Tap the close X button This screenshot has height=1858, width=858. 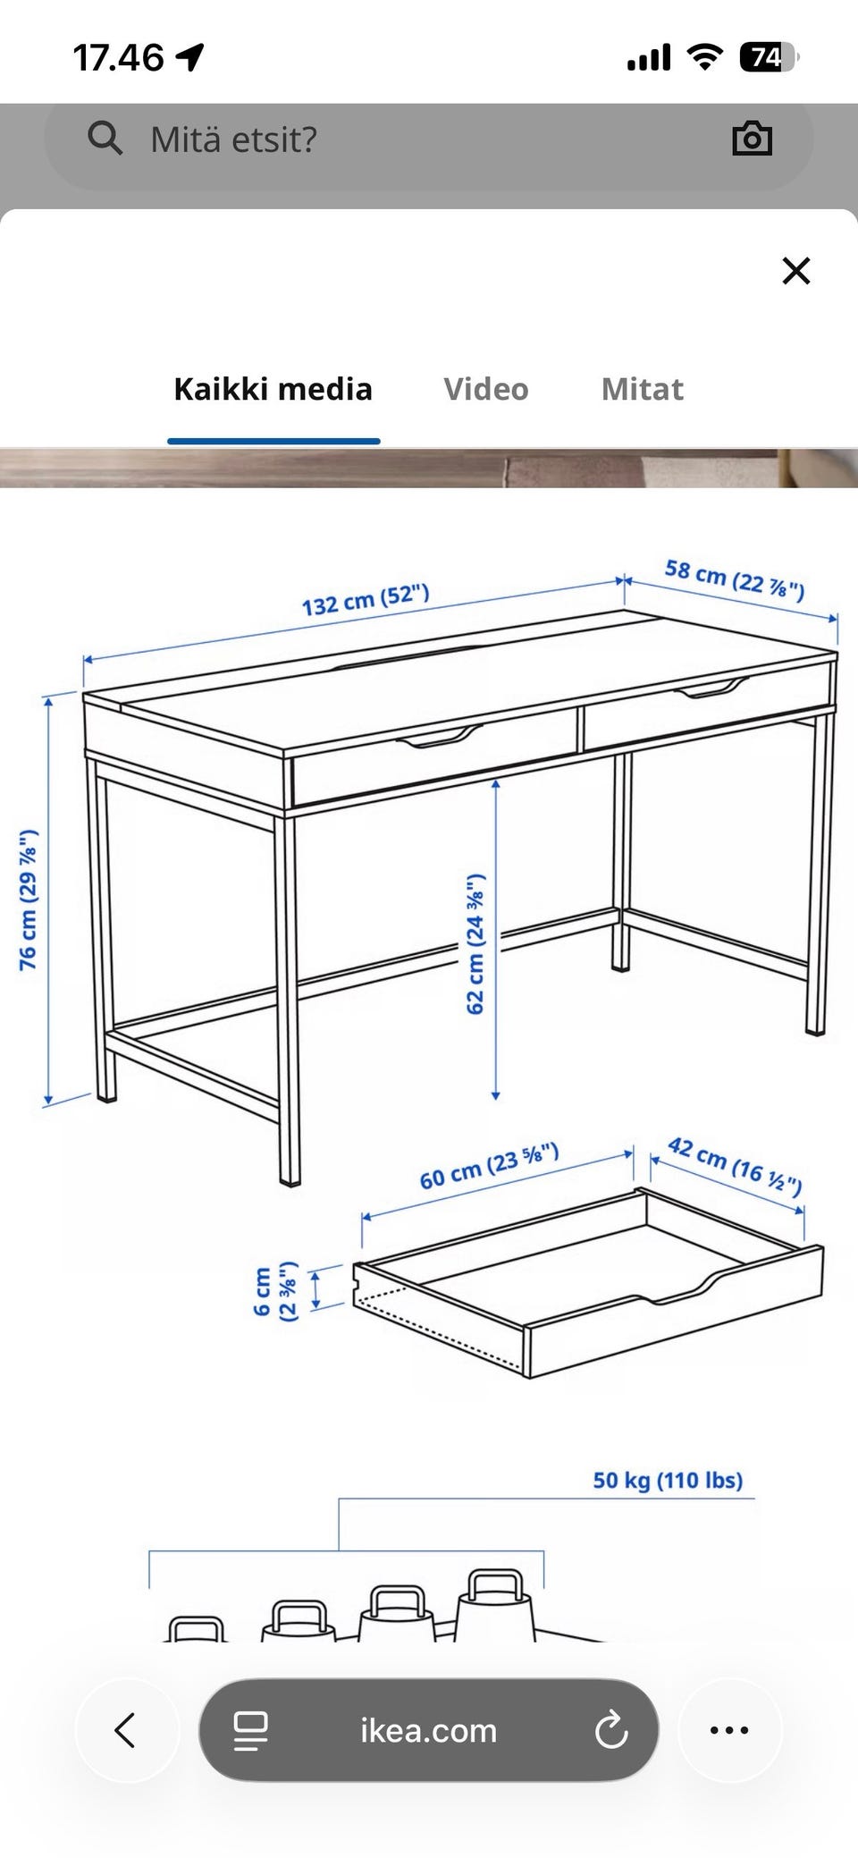click(x=795, y=270)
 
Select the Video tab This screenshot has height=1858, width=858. click(x=486, y=389)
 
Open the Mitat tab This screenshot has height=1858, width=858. click(x=642, y=389)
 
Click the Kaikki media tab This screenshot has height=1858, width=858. click(x=273, y=389)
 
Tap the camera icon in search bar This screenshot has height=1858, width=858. click(x=752, y=139)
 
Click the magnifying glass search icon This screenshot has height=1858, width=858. click(x=105, y=139)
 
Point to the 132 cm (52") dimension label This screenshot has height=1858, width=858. click(x=365, y=600)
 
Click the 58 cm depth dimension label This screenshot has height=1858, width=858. click(x=735, y=579)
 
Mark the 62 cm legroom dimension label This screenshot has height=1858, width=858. click(x=475, y=944)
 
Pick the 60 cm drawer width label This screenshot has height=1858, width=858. click(x=490, y=1166)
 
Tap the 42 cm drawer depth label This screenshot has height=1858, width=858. click(x=735, y=1165)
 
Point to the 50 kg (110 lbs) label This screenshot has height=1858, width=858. click(x=668, y=1480)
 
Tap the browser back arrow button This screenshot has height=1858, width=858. click(x=125, y=1729)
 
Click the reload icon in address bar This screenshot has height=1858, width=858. click(x=611, y=1729)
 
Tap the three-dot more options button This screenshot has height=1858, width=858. click(x=729, y=1729)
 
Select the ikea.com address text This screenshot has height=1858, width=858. click(x=428, y=1730)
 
